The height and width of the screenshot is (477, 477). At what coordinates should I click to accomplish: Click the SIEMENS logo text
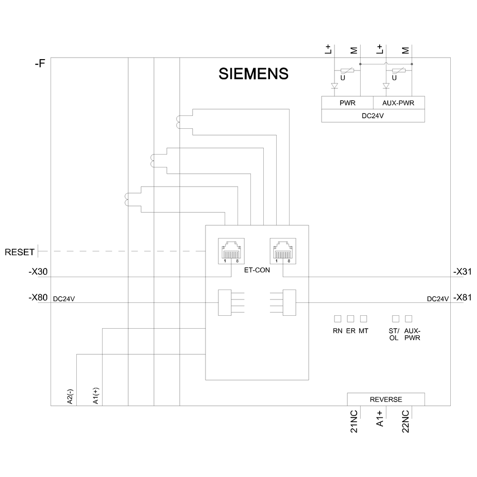253,73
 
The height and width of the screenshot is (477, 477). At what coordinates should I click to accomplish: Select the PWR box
347,103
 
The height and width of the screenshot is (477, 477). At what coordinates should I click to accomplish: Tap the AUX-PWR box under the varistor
398,103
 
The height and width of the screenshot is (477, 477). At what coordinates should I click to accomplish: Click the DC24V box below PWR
373,115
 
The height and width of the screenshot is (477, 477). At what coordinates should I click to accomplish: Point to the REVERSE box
386,399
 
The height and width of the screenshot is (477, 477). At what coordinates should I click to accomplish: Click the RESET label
20,251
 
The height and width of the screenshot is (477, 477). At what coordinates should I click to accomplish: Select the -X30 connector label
38,272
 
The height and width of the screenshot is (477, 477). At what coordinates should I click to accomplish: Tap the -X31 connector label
462,272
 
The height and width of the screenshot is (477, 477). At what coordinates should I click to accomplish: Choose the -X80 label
38,298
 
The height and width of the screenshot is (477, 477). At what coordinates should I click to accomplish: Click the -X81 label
462,298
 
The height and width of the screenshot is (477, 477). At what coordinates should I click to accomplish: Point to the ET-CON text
257,270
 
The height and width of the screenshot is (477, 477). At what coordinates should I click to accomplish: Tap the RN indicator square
338,318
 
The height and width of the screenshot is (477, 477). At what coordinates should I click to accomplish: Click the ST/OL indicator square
395,318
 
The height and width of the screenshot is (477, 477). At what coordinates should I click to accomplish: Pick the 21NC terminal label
354,421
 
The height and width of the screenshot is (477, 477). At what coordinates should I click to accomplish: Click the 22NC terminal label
405,421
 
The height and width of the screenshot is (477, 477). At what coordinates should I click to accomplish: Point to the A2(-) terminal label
70,396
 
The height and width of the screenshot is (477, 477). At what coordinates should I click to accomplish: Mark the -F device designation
40,63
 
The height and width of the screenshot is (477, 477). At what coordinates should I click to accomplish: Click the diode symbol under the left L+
334,86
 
